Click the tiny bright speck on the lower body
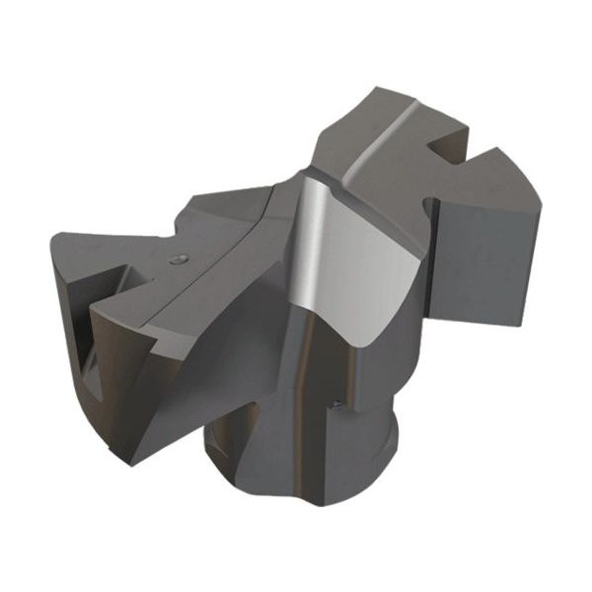tap(337, 402)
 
